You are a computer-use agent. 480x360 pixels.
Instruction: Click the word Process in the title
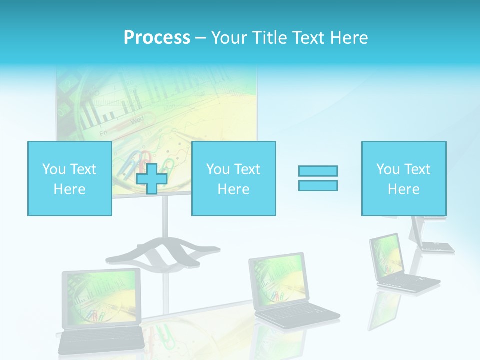157,38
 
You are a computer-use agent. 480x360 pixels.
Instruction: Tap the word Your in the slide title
229,38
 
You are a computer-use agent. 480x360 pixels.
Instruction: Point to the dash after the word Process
200,38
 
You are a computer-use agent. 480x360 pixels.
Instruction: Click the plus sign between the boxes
152,179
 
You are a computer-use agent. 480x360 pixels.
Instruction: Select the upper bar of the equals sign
318,171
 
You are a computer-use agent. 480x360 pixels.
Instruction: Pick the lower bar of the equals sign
318,185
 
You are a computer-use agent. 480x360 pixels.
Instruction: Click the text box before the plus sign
69,178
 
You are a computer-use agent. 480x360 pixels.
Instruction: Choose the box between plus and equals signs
233,178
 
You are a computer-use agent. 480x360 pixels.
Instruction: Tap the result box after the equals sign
403,178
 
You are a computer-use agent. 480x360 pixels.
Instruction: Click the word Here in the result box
403,189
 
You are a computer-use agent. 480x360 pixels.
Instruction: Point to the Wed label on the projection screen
137,120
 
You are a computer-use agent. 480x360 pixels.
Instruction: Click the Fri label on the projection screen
104,133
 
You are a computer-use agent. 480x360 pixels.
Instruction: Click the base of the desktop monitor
437,246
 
